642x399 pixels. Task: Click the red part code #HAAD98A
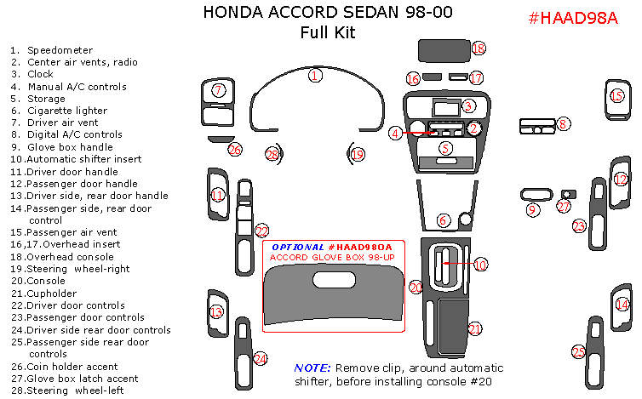click(573, 18)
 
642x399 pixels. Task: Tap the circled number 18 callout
click(479, 48)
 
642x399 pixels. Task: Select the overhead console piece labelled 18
click(444, 51)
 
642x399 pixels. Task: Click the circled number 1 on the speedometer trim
click(315, 76)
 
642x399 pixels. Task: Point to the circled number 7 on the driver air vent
click(218, 90)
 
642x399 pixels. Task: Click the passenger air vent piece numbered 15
click(618, 100)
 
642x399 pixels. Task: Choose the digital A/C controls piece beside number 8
click(537, 127)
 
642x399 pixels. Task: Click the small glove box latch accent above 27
click(569, 194)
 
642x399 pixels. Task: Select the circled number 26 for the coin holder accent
click(235, 150)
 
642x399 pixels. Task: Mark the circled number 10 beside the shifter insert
click(481, 265)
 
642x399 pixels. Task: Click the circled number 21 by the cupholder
click(475, 328)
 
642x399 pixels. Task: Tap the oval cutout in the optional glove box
click(334, 281)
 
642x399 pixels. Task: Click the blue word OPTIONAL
click(298, 248)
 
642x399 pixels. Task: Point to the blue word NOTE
click(312, 368)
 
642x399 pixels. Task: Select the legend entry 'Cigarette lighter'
click(67, 111)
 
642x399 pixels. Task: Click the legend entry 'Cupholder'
click(51, 294)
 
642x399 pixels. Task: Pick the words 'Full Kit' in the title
click(328, 32)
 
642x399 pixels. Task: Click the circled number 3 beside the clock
click(468, 106)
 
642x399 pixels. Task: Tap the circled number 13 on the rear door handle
click(216, 312)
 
